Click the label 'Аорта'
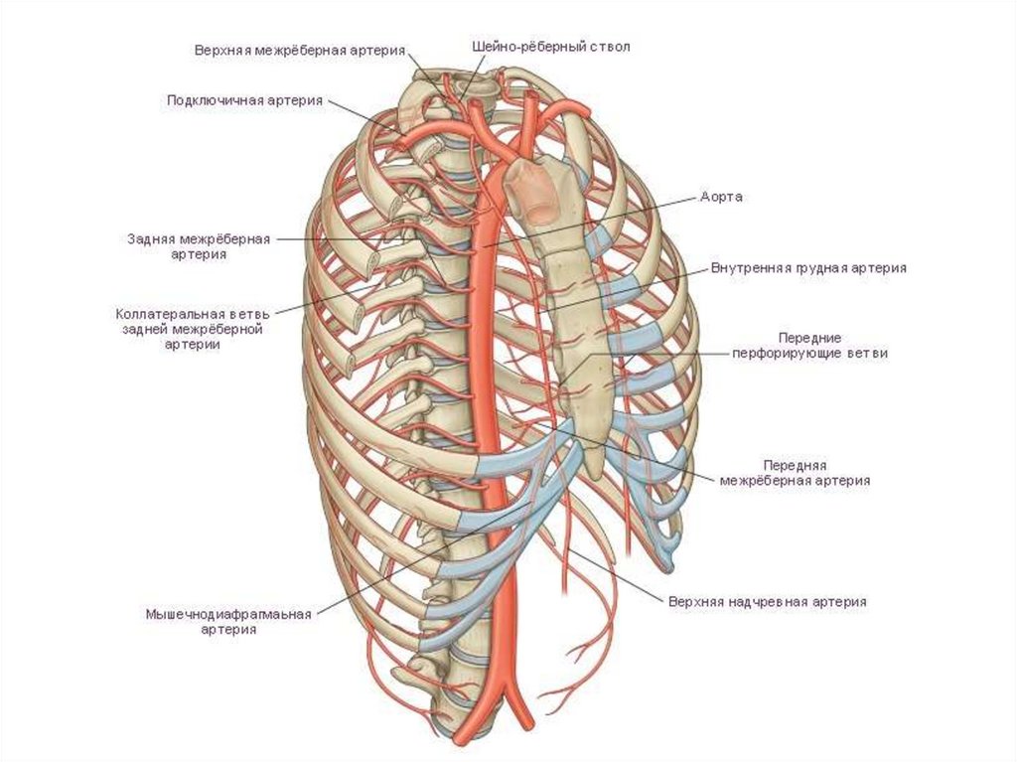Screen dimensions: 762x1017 pyautogui.click(x=721, y=197)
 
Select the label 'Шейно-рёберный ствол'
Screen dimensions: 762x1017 pyautogui.click(x=550, y=46)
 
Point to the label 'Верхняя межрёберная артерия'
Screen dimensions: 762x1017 pyautogui.click(x=298, y=51)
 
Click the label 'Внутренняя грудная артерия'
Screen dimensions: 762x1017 pyautogui.click(x=808, y=268)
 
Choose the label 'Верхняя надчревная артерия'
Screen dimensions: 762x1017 pyautogui.click(x=768, y=601)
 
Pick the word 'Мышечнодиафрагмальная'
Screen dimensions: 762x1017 pyautogui.click(x=228, y=614)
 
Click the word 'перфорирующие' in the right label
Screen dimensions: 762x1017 pyautogui.click(x=786, y=353)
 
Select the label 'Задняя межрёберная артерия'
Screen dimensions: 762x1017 pyautogui.click(x=199, y=246)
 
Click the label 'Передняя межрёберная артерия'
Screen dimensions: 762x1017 pyautogui.click(x=797, y=472)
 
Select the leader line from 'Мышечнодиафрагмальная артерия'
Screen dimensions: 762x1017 pyautogui.click(x=377, y=586)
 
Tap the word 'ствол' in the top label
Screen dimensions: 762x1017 pyautogui.click(x=608, y=46)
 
